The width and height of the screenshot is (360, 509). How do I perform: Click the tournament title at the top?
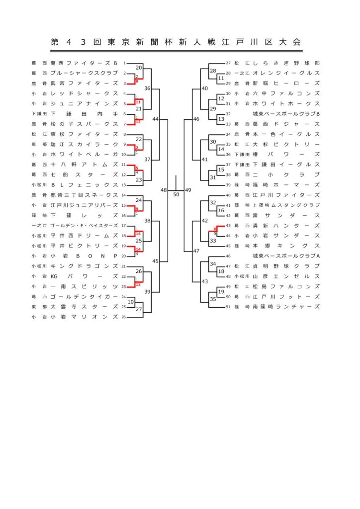(x=176, y=42)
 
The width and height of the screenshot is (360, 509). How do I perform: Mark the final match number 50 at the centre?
(x=176, y=194)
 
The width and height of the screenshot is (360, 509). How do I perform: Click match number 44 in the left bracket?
(x=156, y=119)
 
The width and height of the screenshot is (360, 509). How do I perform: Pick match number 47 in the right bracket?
(x=196, y=251)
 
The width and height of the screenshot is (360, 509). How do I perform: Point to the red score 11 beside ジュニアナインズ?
(x=138, y=101)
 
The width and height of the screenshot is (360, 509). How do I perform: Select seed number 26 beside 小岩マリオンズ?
(x=123, y=317)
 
